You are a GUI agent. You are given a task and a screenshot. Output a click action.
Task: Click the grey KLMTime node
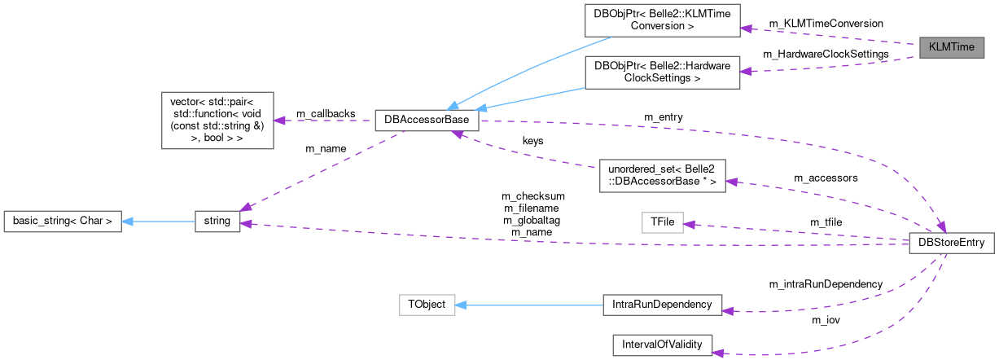click(951, 47)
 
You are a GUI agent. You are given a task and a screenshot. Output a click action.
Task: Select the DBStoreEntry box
click(951, 243)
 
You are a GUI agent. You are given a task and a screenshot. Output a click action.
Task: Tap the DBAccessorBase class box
click(426, 121)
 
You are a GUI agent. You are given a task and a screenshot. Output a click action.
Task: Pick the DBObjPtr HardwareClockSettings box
click(662, 72)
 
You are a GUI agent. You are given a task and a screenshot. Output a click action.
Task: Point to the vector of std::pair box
click(217, 120)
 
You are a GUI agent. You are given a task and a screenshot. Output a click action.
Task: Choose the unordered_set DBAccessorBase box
click(662, 175)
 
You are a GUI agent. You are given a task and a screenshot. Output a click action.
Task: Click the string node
click(217, 221)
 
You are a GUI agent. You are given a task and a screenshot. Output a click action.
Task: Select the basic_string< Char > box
click(63, 221)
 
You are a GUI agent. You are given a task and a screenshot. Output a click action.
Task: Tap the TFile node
click(662, 222)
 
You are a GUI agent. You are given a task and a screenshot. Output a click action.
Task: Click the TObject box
click(426, 305)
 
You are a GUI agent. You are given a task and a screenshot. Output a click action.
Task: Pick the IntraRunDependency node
click(662, 305)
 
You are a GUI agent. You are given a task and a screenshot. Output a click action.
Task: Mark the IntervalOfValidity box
click(662, 345)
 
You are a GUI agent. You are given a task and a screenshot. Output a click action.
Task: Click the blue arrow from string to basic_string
click(159, 221)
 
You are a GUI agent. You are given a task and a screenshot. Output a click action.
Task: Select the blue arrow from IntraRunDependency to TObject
click(529, 305)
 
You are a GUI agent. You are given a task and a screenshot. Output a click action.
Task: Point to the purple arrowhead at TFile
click(689, 224)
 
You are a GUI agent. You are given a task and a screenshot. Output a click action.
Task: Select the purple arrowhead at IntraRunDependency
click(729, 310)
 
